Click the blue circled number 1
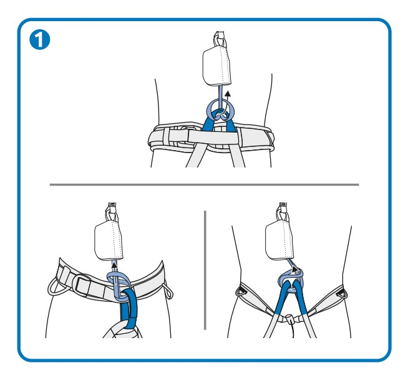pyautogui.click(x=40, y=40)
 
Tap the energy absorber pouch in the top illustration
pyautogui.click(x=216, y=66)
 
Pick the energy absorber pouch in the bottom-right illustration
pyautogui.click(x=279, y=240)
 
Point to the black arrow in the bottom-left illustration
pyautogui.click(x=114, y=269)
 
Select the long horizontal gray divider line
pyautogui.click(x=205, y=184)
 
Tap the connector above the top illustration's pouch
pyautogui.click(x=220, y=39)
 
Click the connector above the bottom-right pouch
pyautogui.click(x=283, y=211)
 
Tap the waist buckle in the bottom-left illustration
pyautogui.click(x=83, y=285)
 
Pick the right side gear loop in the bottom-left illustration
pyautogui.click(x=168, y=292)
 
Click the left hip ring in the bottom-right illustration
pyautogui.click(x=241, y=291)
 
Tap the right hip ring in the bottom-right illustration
pyautogui.click(x=342, y=293)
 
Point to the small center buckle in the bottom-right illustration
pyautogui.click(x=289, y=319)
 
